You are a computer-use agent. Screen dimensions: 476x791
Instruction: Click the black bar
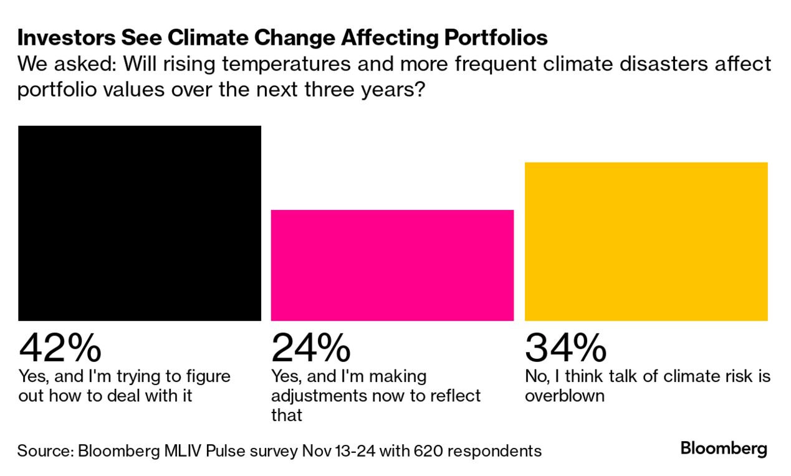(140, 223)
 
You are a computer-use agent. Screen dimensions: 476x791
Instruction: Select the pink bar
(392, 265)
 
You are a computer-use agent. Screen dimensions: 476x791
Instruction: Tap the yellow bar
(646, 242)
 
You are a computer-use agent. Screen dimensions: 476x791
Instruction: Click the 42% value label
(60, 348)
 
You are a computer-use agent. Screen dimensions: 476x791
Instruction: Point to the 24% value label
(311, 348)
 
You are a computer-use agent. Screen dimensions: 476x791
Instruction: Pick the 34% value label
(565, 348)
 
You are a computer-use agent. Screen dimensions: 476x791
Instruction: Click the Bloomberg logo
(724, 449)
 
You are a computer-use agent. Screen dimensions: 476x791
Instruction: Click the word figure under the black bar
(208, 377)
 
